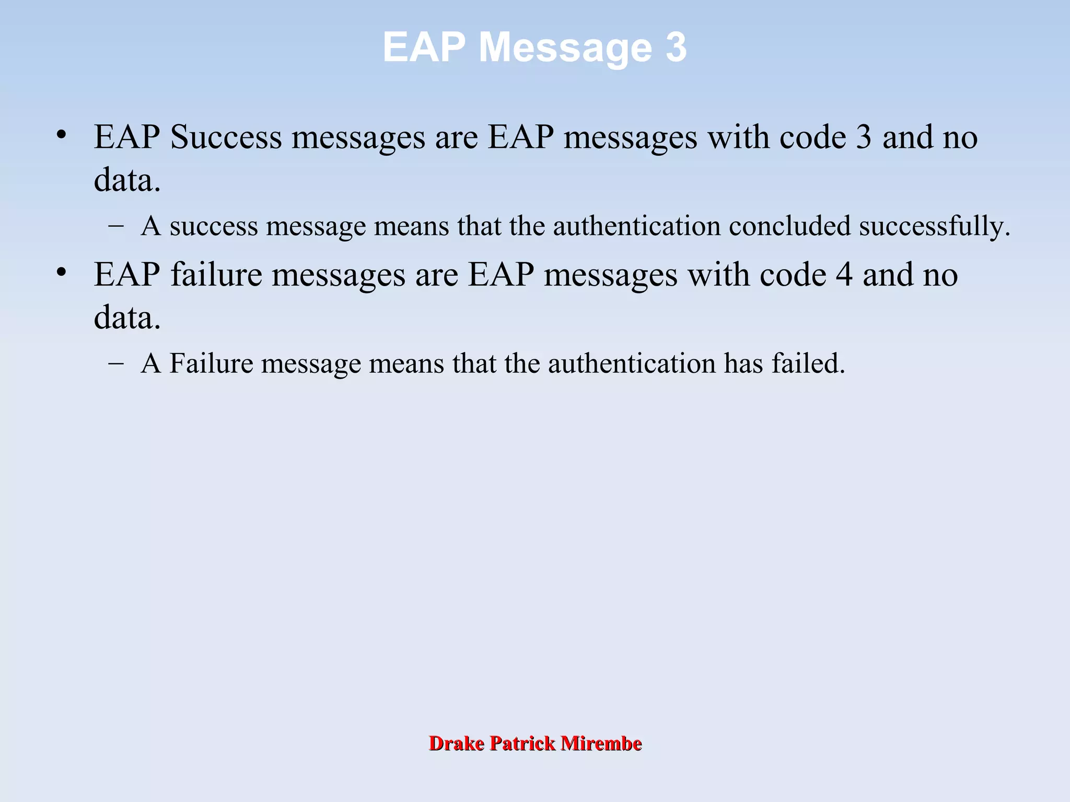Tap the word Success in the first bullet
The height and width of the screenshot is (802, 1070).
click(226, 137)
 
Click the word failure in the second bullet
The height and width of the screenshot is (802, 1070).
click(216, 275)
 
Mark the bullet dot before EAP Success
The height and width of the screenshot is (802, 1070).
click(62, 135)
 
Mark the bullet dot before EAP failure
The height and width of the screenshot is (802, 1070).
click(62, 273)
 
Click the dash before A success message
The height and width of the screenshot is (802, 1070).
click(116, 226)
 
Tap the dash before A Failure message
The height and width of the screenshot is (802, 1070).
click(116, 363)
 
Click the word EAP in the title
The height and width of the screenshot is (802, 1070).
click(424, 48)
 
